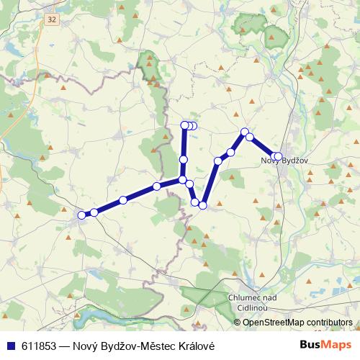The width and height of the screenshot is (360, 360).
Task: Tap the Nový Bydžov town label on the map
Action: (284, 160)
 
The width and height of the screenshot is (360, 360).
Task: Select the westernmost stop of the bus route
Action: (81, 214)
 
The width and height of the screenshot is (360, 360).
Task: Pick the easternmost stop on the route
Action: (279, 156)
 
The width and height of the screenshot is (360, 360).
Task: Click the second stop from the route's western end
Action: (94, 212)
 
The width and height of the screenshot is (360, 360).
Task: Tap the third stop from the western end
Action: (123, 200)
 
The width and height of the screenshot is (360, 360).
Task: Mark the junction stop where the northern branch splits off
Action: (183, 179)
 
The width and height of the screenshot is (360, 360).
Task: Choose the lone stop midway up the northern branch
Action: (184, 159)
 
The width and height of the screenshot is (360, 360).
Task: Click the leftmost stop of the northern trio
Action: (184, 125)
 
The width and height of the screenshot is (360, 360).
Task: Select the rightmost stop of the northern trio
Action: (194, 126)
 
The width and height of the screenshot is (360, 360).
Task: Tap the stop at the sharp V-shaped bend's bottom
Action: (203, 205)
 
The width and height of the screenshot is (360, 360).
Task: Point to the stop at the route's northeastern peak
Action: (245, 132)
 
